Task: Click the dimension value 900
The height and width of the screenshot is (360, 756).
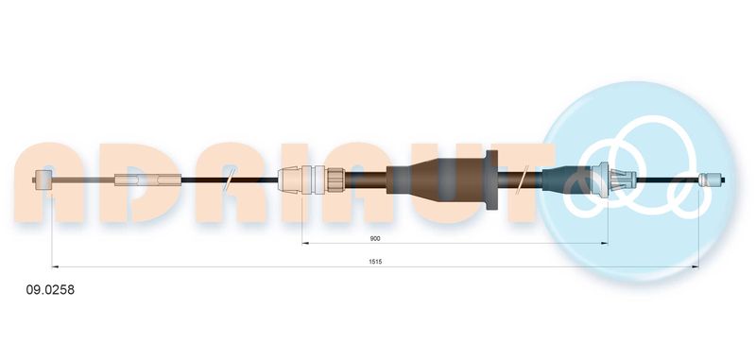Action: point(375,238)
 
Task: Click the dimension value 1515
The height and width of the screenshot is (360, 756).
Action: point(375,262)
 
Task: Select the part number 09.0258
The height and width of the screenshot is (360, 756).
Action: point(50,290)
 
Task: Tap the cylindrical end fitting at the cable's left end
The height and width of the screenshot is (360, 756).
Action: point(43,180)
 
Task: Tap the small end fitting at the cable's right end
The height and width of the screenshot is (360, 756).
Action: point(712,180)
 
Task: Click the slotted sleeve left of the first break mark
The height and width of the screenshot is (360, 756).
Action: point(147,180)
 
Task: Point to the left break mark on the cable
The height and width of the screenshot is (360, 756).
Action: point(230,180)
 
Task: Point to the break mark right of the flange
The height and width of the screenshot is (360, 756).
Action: point(523,180)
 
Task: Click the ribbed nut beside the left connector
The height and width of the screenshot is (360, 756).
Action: point(335,180)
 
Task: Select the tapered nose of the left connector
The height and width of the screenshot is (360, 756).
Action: point(290,180)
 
